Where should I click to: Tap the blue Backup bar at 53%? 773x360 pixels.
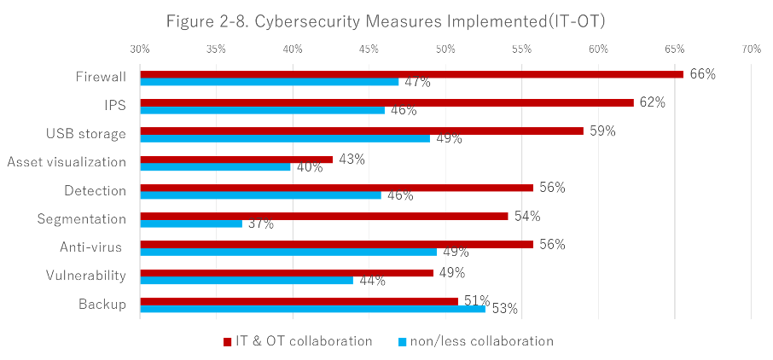tap(312, 309)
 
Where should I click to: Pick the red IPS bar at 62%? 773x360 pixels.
tap(387, 102)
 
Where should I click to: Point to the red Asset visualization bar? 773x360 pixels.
tap(236, 159)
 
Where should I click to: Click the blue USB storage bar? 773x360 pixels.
tap(285, 138)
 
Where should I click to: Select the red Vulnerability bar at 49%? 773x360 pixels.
tap(287, 273)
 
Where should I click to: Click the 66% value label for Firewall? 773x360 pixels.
tap(701, 74)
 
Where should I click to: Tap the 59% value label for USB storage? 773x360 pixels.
tap(602, 131)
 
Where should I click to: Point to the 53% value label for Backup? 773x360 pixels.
tap(503, 309)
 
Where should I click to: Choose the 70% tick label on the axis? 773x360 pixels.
tap(751, 49)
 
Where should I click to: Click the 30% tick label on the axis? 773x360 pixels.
tap(140, 49)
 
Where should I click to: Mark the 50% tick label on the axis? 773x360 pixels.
tap(445, 49)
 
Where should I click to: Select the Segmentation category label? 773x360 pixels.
tap(81, 219)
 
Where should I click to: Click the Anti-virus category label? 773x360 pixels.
tap(92, 247)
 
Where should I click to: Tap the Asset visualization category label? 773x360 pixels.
tap(67, 162)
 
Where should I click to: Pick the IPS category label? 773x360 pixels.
tap(113, 106)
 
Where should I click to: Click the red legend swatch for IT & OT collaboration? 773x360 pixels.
tap(228, 342)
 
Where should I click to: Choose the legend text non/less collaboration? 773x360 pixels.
tap(481, 341)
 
